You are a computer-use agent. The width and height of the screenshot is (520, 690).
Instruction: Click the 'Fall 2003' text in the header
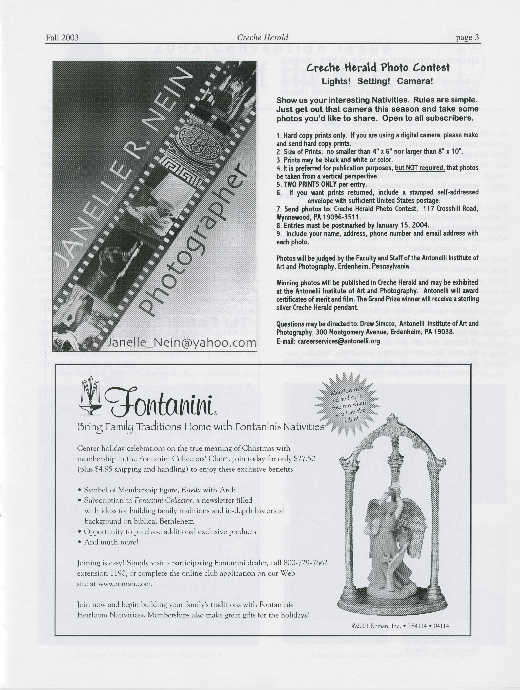click(62, 38)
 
